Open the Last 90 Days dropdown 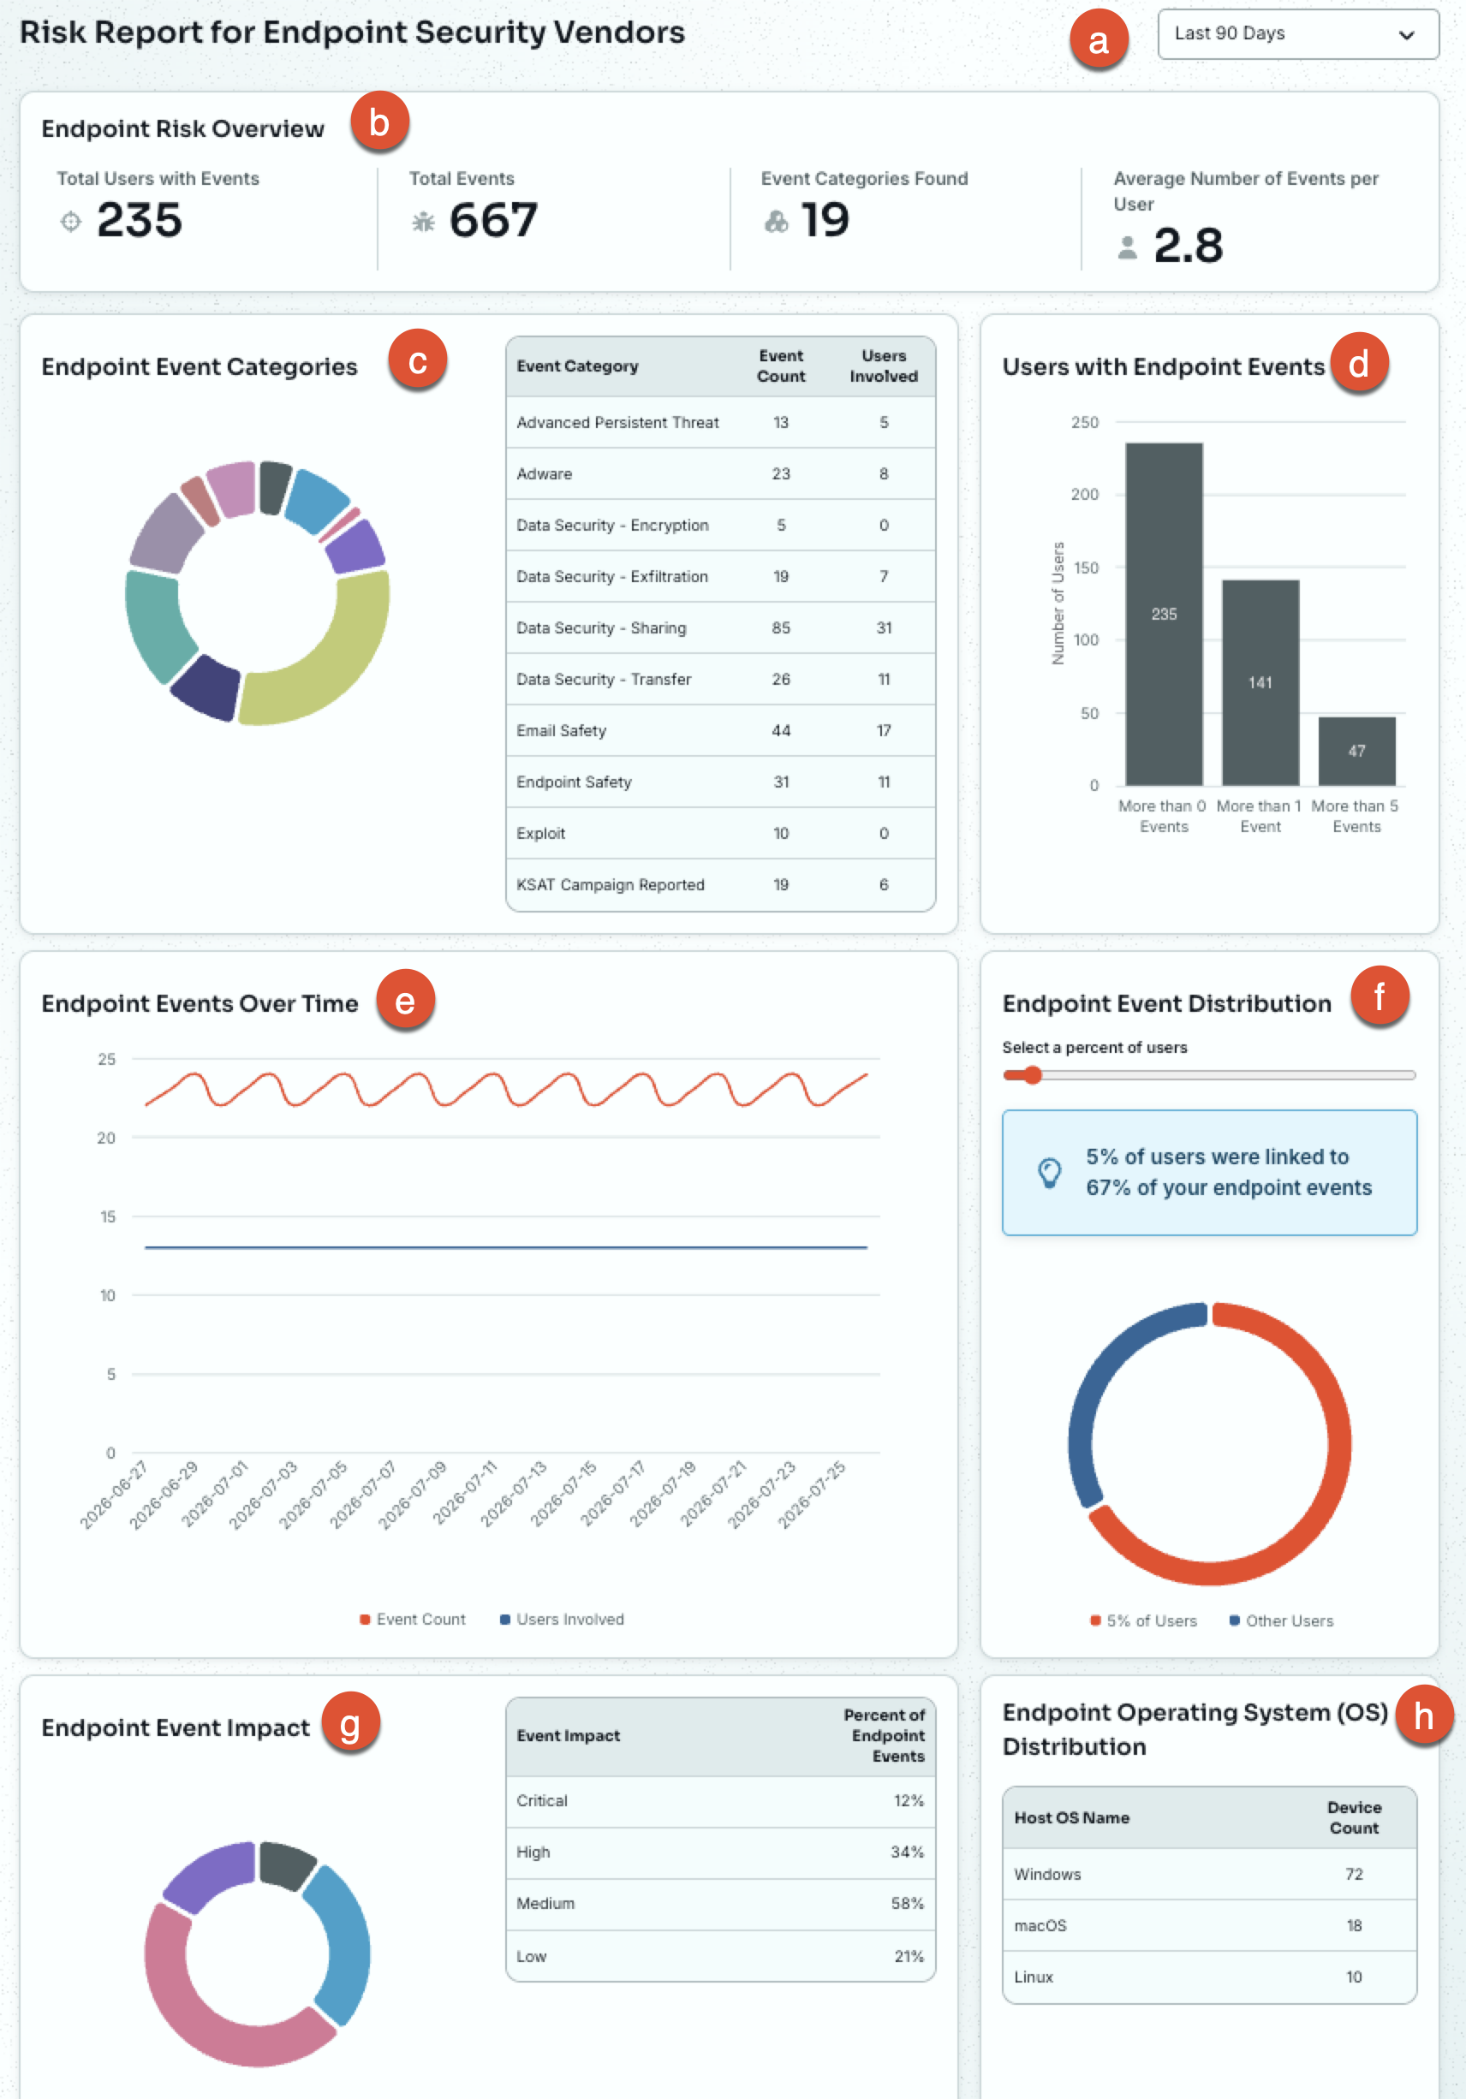pyautogui.click(x=1297, y=34)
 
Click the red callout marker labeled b pyautogui.click(x=378, y=122)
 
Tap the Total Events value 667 pyautogui.click(x=493, y=220)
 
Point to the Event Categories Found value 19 pyautogui.click(x=825, y=220)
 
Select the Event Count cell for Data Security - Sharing pyautogui.click(x=781, y=628)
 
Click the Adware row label pyautogui.click(x=544, y=473)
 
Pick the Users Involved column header pyautogui.click(x=884, y=366)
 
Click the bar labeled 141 pyautogui.click(x=1260, y=682)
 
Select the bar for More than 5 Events pyautogui.click(x=1356, y=751)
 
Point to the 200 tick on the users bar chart pyautogui.click(x=1085, y=495)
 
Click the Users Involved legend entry pyautogui.click(x=562, y=1619)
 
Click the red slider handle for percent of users pyautogui.click(x=1033, y=1075)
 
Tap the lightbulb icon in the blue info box pyautogui.click(x=1050, y=1172)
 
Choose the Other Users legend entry pyautogui.click(x=1281, y=1620)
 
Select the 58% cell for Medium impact pyautogui.click(x=907, y=1903)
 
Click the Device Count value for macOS pyautogui.click(x=1355, y=1925)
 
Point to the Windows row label pyautogui.click(x=1047, y=1874)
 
